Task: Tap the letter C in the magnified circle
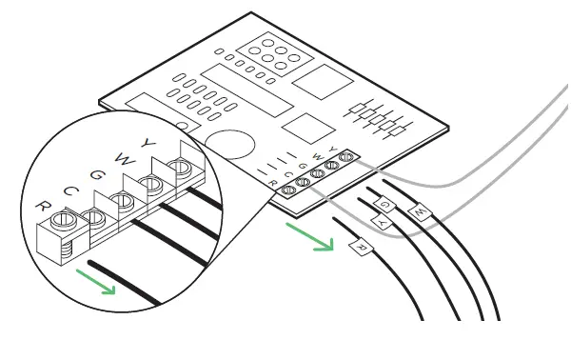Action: click(x=69, y=190)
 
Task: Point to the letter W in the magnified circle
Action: click(x=120, y=156)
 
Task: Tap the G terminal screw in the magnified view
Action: click(x=122, y=201)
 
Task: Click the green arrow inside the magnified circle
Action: click(x=99, y=281)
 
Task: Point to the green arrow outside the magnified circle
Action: click(x=312, y=237)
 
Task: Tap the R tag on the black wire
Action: click(x=361, y=249)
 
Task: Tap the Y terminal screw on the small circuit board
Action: click(x=346, y=156)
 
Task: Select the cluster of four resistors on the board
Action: click(x=379, y=116)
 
